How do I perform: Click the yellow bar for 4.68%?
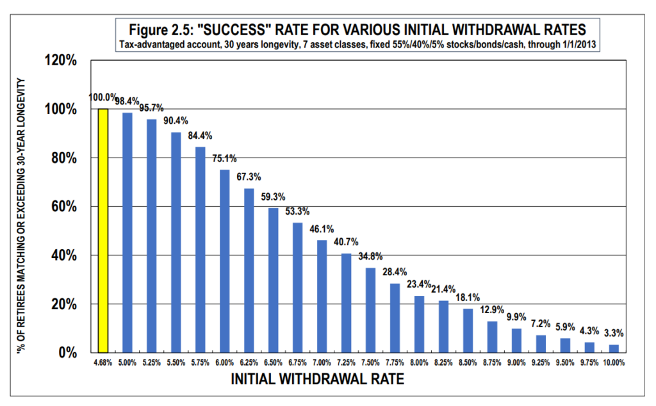coord(102,231)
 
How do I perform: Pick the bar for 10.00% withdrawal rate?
coord(614,348)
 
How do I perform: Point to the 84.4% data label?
coord(200,135)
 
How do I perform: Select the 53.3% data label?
coord(297,211)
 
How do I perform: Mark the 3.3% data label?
coord(614,333)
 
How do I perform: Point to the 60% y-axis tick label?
coord(63,207)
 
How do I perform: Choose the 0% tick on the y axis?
coord(67,353)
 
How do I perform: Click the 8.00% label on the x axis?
coord(419,362)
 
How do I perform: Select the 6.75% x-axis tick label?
coord(297,362)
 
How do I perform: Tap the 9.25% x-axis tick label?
coord(541,362)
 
